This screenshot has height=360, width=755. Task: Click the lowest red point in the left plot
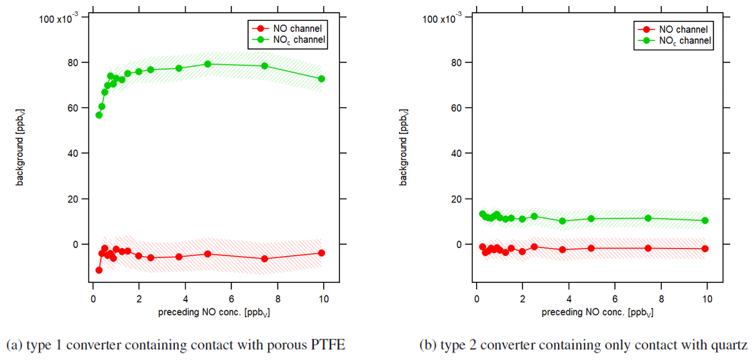pyautogui.click(x=99, y=270)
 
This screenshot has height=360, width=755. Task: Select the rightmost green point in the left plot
pyautogui.click(x=321, y=78)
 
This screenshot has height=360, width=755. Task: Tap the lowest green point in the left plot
pyautogui.click(x=99, y=115)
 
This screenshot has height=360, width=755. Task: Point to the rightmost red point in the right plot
pyautogui.click(x=705, y=249)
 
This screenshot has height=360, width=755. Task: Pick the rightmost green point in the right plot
pyautogui.click(x=705, y=221)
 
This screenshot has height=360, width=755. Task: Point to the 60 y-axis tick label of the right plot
pyautogui.click(x=459, y=108)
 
